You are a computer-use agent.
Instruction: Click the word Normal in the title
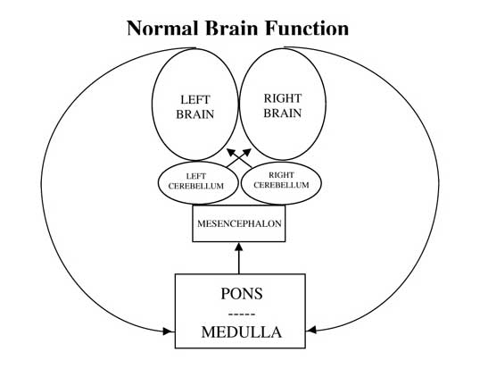coord(162,28)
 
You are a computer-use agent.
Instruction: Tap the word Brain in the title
coord(232,28)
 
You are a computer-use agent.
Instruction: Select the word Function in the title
coord(307,28)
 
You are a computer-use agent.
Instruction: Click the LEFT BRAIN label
coord(195,107)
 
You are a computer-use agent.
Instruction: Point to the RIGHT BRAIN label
coord(283,105)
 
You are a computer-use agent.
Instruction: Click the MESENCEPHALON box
coord(239,223)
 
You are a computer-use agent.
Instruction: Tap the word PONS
coord(242,294)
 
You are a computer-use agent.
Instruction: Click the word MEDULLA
coord(242,331)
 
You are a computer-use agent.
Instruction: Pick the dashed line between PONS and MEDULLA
coord(242,314)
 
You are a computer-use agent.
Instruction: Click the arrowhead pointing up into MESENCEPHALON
coord(239,247)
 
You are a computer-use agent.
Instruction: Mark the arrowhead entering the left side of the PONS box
coord(169,331)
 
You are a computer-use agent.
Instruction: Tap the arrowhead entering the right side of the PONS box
coord(311,330)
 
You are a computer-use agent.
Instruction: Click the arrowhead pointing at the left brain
coord(231,152)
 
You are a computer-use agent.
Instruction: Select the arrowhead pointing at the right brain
coord(247,152)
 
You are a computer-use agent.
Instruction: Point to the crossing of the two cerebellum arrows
coord(239,159)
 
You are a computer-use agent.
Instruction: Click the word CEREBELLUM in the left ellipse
coord(196,186)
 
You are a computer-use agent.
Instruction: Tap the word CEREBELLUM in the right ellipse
coord(281,185)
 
